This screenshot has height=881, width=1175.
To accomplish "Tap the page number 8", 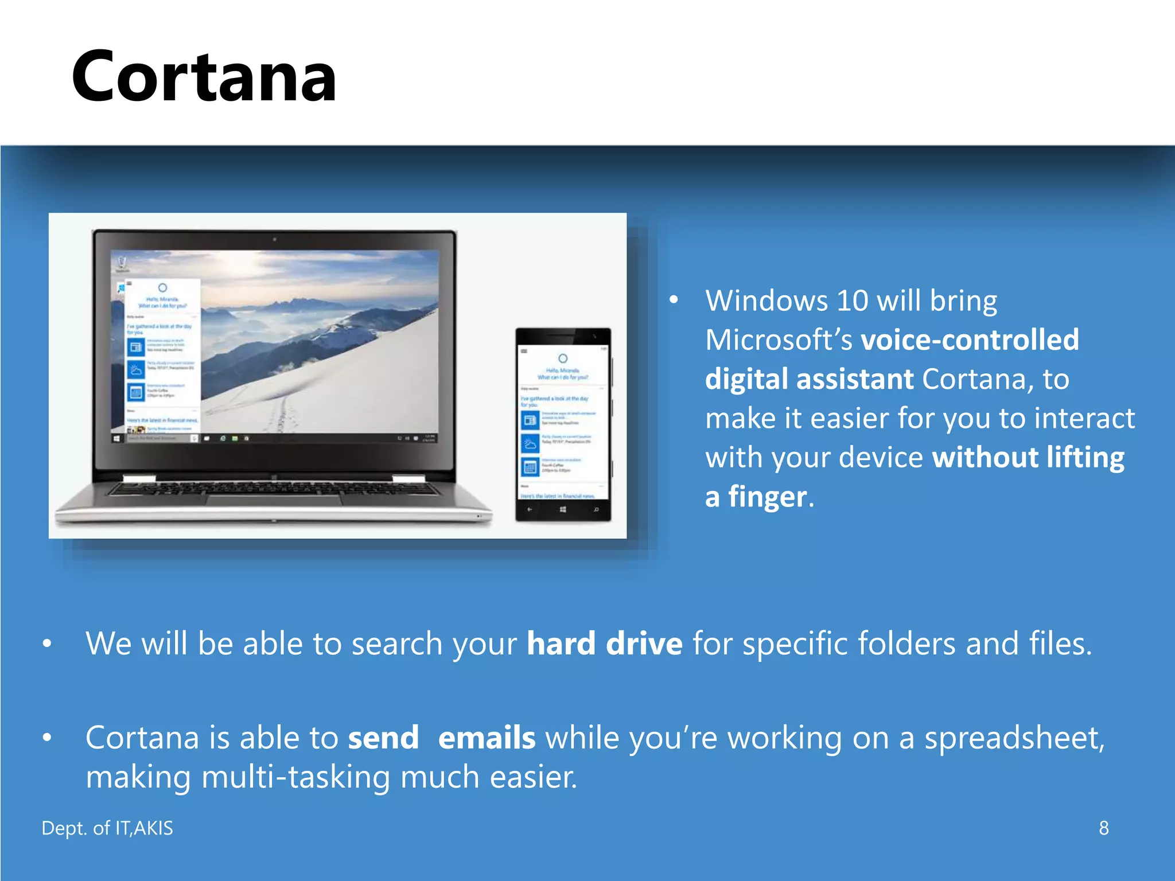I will (1103, 828).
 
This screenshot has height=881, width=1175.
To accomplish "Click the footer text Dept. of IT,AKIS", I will (107, 828).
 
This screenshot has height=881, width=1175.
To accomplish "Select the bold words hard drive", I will (605, 644).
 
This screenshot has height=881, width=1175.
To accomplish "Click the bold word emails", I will (487, 738).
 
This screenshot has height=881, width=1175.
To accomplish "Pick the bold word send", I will (383, 738).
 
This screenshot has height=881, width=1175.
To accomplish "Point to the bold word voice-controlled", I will (970, 340).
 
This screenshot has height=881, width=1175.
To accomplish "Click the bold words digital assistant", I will (809, 379).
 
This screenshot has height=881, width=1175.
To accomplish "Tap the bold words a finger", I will (756, 497).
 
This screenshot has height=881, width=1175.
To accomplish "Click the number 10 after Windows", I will (852, 301).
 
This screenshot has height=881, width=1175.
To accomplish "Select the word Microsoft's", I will (779, 340).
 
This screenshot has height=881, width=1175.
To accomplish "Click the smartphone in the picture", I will (563, 424).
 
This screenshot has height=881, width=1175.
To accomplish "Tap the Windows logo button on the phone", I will (563, 509).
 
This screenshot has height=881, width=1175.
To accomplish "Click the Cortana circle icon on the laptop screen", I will (162, 287).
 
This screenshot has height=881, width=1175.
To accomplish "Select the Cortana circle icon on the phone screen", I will (563, 358).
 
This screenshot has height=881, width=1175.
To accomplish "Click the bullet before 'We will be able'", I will (47, 644).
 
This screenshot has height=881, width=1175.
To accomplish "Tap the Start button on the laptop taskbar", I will (117, 438).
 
